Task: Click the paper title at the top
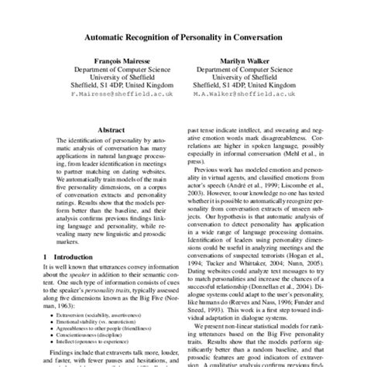pyautogui.click(x=183, y=36)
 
